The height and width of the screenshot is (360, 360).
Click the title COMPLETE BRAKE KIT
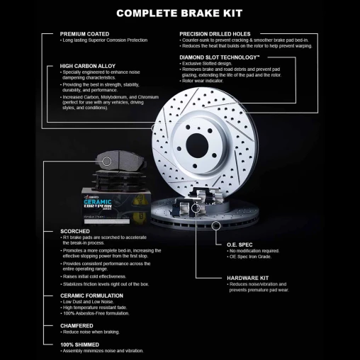pyautogui.click(x=179, y=13)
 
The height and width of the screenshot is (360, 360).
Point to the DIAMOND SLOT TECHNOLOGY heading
pyautogui.click(x=219, y=57)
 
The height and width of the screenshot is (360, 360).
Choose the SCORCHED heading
pyautogui.click(x=74, y=231)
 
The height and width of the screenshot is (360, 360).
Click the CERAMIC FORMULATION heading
pyautogui.click(x=92, y=295)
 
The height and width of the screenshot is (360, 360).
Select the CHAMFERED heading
pyautogui.click(x=77, y=325)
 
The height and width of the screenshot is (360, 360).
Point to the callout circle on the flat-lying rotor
pyautogui.click(x=215, y=225)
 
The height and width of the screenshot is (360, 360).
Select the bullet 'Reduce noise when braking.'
pyautogui.click(x=90, y=332)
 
